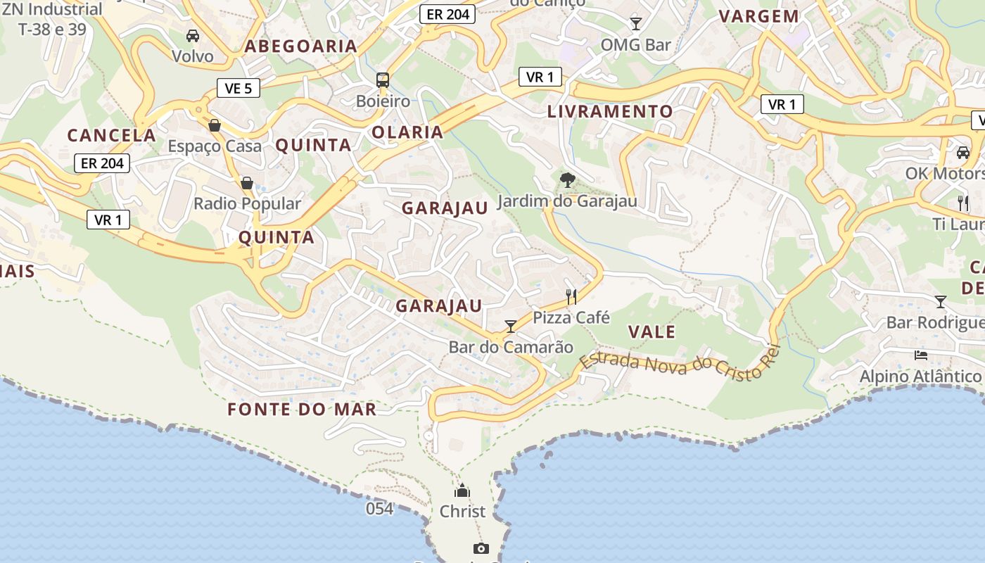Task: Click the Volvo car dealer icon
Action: click(x=192, y=35)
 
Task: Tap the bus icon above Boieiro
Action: click(x=383, y=80)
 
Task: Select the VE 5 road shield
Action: click(x=239, y=88)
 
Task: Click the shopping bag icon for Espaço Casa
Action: click(x=215, y=125)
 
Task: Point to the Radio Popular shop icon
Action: click(x=247, y=183)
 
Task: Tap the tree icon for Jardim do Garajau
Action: click(x=567, y=180)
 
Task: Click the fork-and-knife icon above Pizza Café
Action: click(x=571, y=297)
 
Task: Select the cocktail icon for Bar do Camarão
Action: click(x=511, y=326)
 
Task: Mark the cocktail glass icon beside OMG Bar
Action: click(x=636, y=24)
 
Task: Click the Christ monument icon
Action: click(x=462, y=491)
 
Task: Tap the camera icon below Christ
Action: click(x=481, y=548)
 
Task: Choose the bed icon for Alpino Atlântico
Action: click(x=920, y=355)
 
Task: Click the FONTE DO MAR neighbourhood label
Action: click(x=302, y=410)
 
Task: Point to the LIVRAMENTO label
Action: click(x=610, y=111)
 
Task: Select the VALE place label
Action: click(x=652, y=332)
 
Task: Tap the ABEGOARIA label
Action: click(x=300, y=46)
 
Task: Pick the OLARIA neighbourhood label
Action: click(x=407, y=132)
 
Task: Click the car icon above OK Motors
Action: click(x=963, y=152)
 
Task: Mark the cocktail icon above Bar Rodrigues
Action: click(x=940, y=302)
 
